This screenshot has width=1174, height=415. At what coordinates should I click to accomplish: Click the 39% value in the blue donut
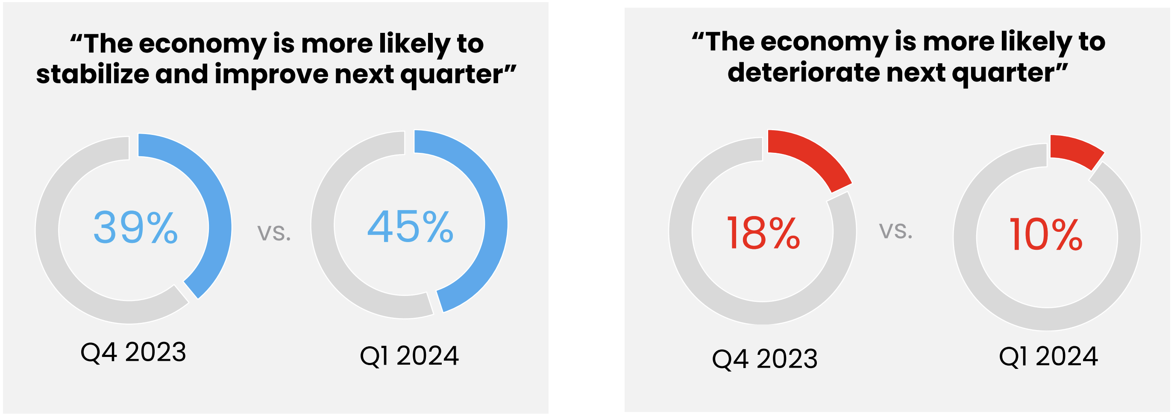(135, 227)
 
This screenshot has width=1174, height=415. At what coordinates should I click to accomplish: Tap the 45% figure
(410, 226)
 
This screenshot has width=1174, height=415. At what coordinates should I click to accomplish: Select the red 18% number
(763, 233)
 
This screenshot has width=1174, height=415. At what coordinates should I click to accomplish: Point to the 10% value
(1046, 234)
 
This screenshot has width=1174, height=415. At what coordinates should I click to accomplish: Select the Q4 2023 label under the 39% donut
(133, 352)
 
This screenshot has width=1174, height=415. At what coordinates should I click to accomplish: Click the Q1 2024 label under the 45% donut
(409, 356)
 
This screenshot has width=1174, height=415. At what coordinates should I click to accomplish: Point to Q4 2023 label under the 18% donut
(765, 359)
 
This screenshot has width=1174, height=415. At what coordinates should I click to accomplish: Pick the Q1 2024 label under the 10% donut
(1048, 356)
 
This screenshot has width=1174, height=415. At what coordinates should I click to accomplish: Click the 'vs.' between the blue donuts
(274, 232)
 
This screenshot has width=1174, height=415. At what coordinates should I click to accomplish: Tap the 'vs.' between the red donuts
(895, 231)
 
